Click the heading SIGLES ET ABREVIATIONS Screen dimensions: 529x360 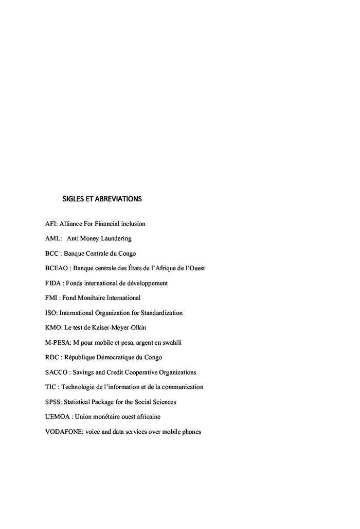(x=102, y=198)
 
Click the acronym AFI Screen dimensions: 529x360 (x=51, y=224)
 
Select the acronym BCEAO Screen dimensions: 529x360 (x=56, y=268)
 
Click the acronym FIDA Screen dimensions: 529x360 (x=53, y=283)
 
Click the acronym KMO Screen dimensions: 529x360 (x=53, y=327)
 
